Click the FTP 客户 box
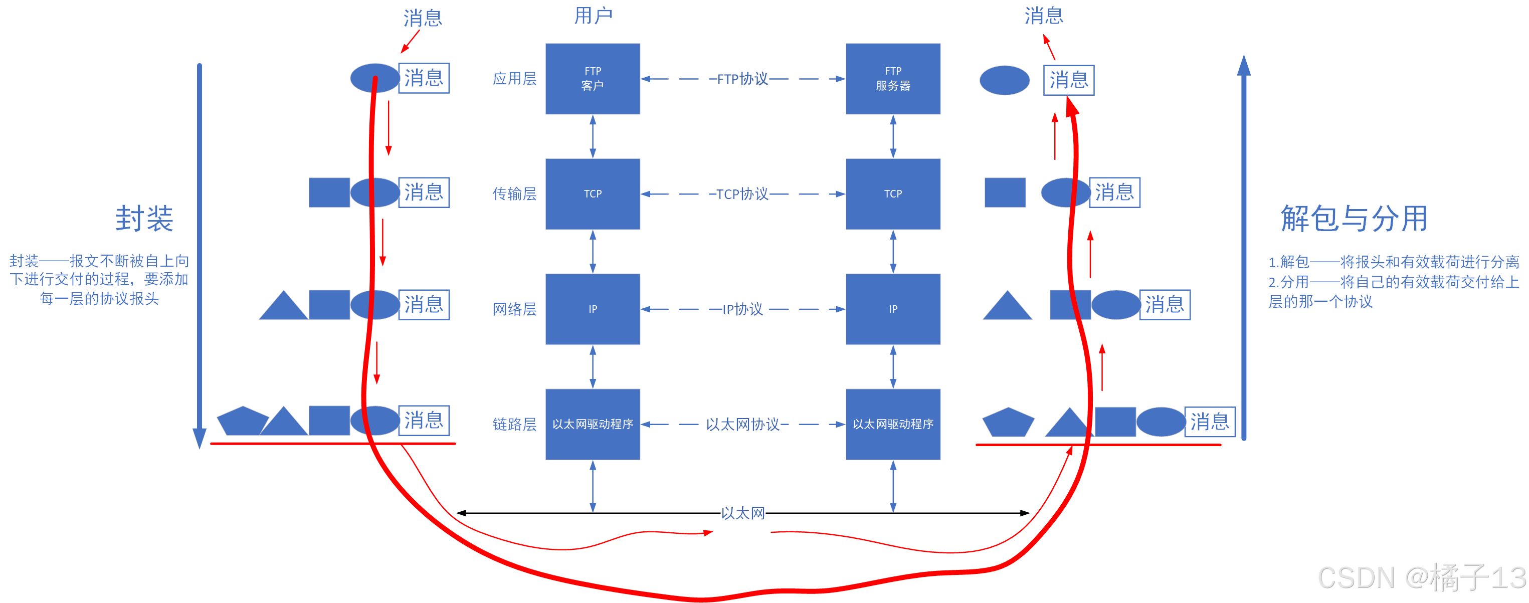pos(593,78)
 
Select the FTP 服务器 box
pos(893,78)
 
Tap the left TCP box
pos(593,193)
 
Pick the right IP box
pos(893,309)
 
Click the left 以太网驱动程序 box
pos(593,424)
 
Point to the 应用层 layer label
pos(514,78)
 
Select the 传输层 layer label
pos(514,193)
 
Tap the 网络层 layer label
pos(514,309)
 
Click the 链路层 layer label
pos(514,424)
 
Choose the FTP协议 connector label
pos(742,78)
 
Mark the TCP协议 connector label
pos(742,193)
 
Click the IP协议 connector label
pos(742,309)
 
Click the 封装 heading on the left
pos(144,219)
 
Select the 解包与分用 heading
pos(1354,219)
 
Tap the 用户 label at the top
pos(593,16)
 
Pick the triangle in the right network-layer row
pos(1007,307)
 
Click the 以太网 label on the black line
pos(742,513)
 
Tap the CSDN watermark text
pos(1421,577)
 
